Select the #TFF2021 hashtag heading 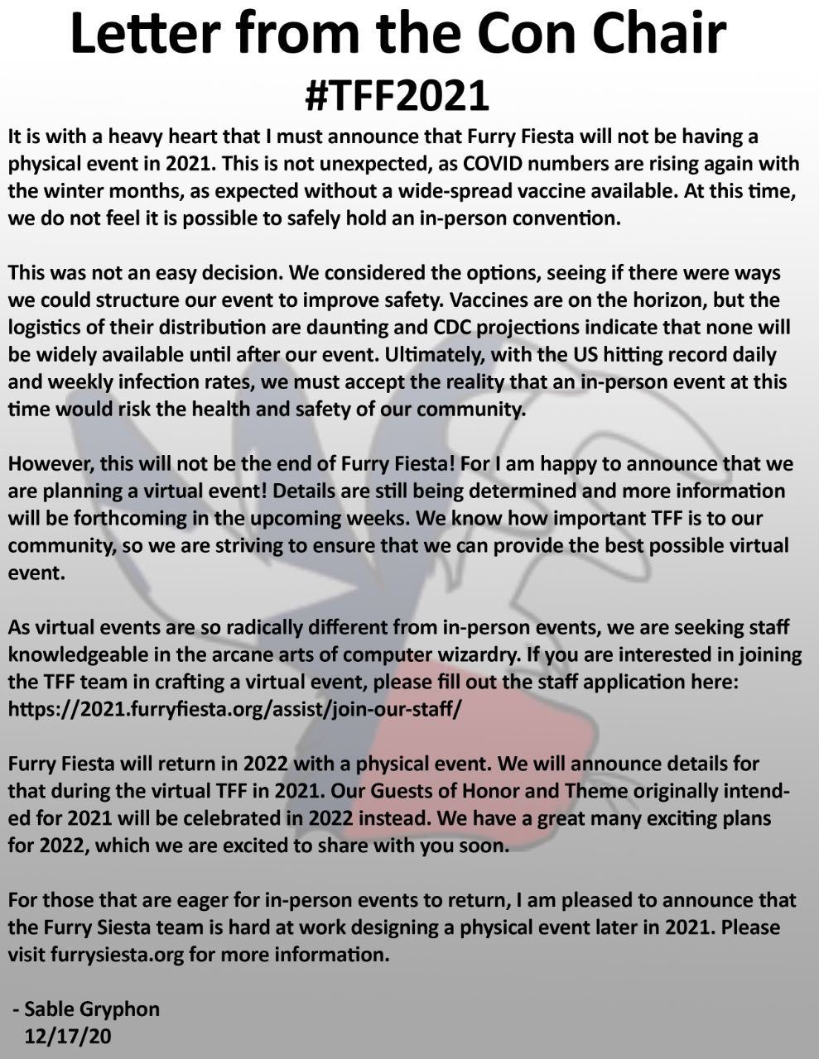pos(397,95)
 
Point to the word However pos(50,463)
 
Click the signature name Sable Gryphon pos(92,1009)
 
